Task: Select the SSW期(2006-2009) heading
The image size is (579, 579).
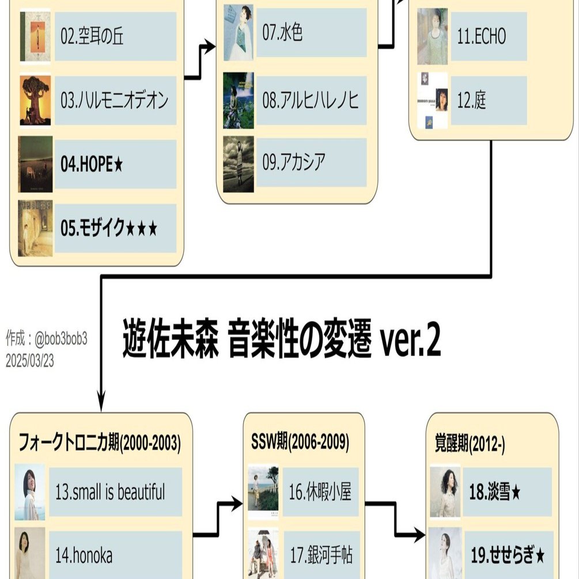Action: point(300,442)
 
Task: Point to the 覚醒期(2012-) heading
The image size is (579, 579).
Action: point(470,443)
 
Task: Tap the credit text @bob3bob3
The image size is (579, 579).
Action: point(60,339)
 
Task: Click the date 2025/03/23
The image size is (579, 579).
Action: point(30,361)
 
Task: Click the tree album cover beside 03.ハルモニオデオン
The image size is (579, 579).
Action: point(35,100)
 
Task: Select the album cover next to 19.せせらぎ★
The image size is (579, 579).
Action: point(445,553)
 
